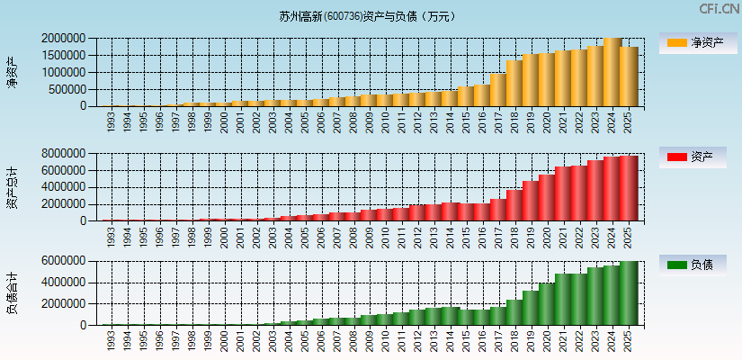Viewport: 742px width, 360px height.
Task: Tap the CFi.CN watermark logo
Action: click(720, 9)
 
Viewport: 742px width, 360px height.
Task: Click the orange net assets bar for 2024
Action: click(612, 72)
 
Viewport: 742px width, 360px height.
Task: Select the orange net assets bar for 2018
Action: click(515, 84)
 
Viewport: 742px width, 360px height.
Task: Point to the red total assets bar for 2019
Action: click(532, 201)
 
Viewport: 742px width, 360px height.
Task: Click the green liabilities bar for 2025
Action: click(629, 293)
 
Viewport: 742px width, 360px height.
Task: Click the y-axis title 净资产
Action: click(12, 72)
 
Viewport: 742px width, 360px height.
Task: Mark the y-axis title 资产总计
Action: click(12, 187)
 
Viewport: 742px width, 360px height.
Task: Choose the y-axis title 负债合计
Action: click(12, 293)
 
